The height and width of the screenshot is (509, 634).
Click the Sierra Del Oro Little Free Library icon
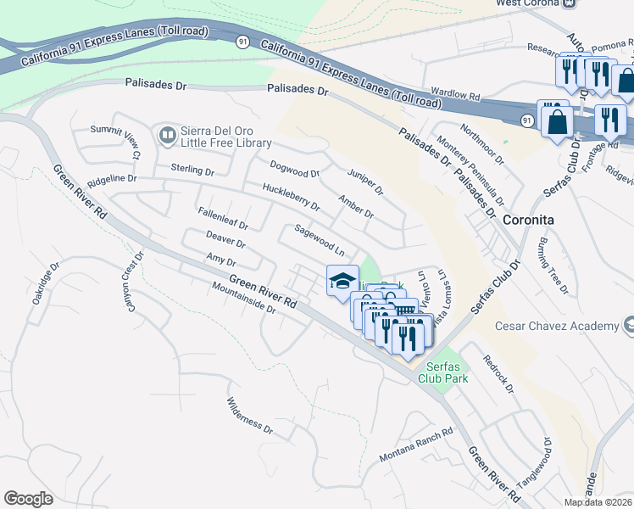[165, 134]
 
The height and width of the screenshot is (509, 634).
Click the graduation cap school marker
[342, 281]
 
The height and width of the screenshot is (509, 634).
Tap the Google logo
[28, 498]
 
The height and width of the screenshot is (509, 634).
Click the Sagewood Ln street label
[320, 241]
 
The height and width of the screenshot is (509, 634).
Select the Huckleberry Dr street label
[291, 197]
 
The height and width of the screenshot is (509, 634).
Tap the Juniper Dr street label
[365, 179]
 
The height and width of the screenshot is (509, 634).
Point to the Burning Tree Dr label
[551, 266]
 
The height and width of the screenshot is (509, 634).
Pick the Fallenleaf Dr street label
[222, 220]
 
